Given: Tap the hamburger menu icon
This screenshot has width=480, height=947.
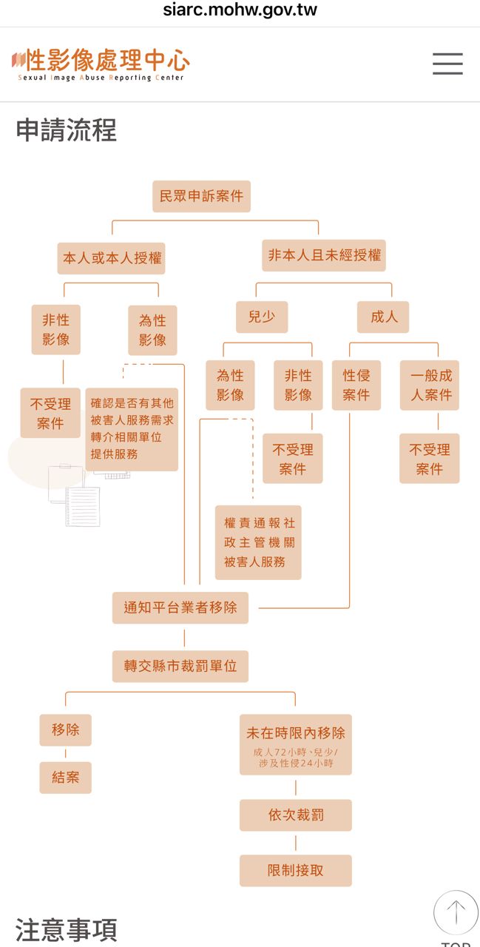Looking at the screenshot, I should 447,64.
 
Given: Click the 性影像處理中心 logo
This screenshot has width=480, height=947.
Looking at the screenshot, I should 101,64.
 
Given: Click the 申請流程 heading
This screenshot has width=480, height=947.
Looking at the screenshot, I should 67,131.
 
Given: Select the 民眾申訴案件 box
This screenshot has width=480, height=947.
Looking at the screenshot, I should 201,197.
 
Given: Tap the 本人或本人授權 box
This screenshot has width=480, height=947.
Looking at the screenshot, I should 112,258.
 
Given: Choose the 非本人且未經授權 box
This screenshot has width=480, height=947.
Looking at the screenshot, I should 324,255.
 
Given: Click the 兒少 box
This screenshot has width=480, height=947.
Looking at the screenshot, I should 261,317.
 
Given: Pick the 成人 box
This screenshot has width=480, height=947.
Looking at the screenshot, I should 383,317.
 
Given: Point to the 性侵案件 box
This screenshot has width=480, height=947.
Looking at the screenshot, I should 356,385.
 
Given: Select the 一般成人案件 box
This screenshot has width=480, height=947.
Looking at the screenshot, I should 430,385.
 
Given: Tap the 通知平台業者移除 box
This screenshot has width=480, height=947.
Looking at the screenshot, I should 180,607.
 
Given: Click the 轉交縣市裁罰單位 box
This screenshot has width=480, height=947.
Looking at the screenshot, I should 180,666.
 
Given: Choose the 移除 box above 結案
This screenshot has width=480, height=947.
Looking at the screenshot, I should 65,729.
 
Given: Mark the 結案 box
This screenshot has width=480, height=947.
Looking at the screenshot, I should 65,778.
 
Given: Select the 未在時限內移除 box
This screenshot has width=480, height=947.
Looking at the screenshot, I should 296,744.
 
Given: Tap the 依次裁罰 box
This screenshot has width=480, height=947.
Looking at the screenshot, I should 296,815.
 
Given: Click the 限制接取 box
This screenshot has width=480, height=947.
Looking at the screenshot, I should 296,871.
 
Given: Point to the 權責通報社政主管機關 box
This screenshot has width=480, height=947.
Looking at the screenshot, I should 258,542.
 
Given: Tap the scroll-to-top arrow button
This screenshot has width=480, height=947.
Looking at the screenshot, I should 456,912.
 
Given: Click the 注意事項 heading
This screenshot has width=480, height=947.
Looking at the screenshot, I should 67,930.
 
